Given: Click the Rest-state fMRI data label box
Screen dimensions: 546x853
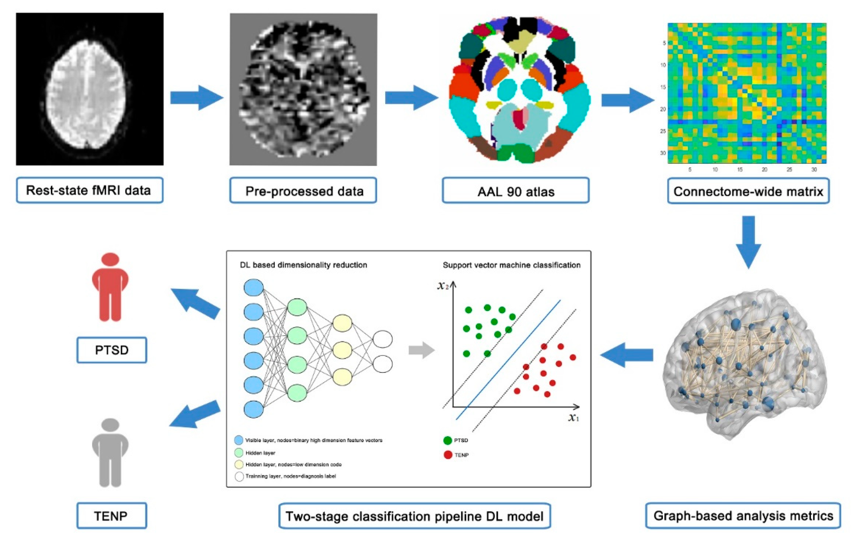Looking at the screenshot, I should (89, 191).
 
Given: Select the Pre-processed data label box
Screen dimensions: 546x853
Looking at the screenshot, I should (303, 191).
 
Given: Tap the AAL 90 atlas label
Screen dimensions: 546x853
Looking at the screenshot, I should (515, 192).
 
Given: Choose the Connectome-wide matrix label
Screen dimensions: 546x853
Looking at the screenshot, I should (748, 192).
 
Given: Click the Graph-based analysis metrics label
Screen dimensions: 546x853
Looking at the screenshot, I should (743, 516).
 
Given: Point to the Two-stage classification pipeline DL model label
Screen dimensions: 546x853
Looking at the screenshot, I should (415, 516).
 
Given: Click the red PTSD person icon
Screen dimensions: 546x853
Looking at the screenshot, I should (110, 287).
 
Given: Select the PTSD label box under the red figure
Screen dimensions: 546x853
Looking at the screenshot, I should (112, 350).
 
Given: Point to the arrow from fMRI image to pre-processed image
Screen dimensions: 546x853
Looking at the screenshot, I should (196, 97).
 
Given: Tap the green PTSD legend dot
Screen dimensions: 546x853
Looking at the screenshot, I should (448, 440).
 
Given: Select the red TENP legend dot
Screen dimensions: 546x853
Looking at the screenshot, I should (448, 455).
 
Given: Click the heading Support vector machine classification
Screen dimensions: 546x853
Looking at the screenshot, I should (511, 265).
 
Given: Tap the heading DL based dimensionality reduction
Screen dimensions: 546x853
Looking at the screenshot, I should (303, 265).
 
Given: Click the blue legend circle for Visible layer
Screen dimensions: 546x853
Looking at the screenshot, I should (239, 440).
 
